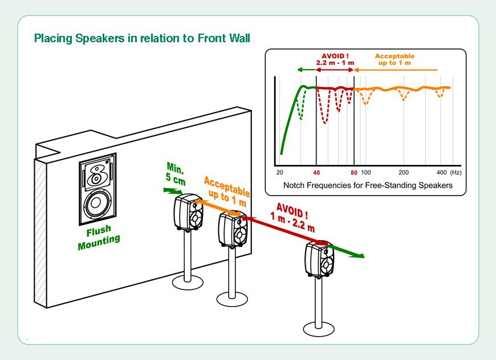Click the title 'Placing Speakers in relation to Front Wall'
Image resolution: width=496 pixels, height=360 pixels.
142,39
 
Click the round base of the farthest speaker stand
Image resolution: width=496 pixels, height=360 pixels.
318,328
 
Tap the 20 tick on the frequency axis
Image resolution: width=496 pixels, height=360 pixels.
279,172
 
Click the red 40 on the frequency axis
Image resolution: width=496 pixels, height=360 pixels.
316,172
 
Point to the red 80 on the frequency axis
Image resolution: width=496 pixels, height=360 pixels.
354,172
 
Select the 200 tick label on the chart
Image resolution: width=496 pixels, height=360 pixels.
404,172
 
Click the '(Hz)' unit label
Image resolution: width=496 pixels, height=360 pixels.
456,172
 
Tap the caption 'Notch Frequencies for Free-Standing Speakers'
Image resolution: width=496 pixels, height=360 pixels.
368,185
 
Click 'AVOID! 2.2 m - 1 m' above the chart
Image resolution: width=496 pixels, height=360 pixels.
335,59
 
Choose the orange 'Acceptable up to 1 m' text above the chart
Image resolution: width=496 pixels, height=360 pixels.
395,59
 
